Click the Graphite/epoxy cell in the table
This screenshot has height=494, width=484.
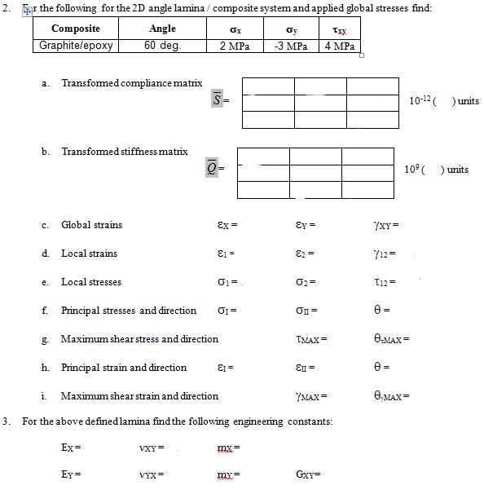(77, 46)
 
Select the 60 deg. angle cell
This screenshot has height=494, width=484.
(162, 46)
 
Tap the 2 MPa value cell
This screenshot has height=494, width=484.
(235, 46)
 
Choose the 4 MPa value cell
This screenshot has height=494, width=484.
(339, 46)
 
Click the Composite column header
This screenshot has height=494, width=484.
(76, 29)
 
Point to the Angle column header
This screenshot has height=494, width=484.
(162, 29)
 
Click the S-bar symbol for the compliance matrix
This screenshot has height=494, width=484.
(217, 100)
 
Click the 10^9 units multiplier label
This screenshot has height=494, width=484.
(436, 169)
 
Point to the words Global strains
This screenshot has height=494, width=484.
(91, 225)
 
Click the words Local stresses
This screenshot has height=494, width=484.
(91, 282)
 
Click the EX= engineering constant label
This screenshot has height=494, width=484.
(71, 448)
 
